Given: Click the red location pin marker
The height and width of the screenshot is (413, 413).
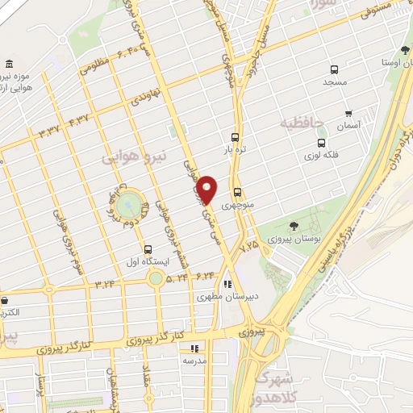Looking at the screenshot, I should point(207,189).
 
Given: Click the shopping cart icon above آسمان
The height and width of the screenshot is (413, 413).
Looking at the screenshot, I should point(348,114).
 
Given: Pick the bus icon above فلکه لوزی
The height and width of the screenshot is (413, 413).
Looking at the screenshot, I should point(321,142).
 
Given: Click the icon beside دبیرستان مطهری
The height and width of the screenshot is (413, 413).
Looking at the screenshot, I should point(228,284).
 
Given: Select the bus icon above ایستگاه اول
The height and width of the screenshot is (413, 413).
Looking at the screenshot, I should point(147,249).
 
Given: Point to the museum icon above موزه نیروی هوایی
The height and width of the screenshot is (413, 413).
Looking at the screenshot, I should point(9,65).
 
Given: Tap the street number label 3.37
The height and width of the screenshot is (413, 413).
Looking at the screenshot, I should point(50,129).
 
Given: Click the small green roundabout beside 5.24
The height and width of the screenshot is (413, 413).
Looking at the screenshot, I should point(155,278).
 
